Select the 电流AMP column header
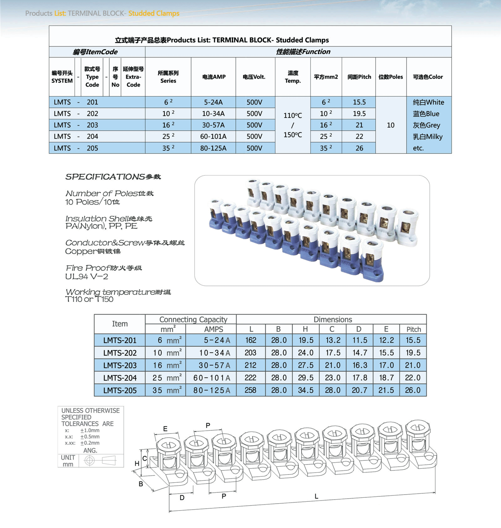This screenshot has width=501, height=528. (214, 77)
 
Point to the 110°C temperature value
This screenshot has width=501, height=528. (292, 116)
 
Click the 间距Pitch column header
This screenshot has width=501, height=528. (359, 77)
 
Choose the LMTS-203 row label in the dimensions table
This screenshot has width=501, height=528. (120, 365)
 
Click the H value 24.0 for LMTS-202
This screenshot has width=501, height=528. (306, 353)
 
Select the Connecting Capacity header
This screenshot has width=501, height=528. (193, 319)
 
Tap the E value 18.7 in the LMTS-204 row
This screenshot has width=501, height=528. (386, 378)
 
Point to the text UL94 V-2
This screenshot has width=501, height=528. (86, 277)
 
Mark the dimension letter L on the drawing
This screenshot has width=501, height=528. (316, 496)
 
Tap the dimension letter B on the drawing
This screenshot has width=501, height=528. (141, 484)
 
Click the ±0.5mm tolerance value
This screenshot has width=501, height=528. (90, 437)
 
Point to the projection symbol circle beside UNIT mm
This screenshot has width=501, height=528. (90, 461)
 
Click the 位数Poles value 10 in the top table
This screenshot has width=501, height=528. (390, 125)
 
